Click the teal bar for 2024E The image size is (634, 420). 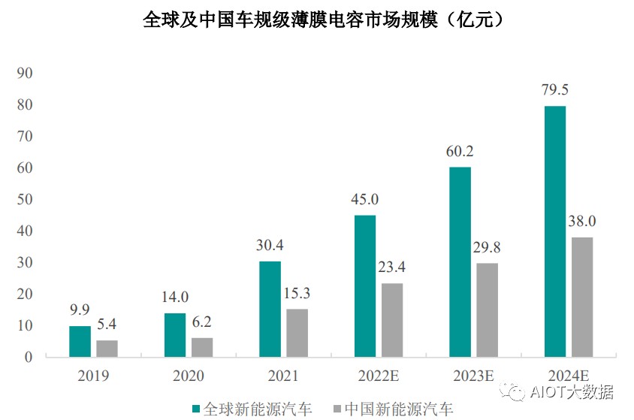pos(554,231)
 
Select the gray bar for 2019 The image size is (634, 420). pos(107,349)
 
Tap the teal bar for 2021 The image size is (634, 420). pos(270,309)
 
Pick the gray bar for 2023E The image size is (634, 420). pos(487,310)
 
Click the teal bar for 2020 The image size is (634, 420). pos(175,334)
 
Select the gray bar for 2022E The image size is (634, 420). pos(392,320)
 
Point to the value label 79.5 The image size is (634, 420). pos(554,89)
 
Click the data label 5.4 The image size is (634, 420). pos(107,324)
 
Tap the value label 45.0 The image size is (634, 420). pos(365,199)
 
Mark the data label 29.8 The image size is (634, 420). pos(487,247)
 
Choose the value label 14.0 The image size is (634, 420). pos(175,297)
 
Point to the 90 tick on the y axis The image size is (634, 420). pos(25,73)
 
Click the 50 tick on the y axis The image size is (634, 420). pos(25,199)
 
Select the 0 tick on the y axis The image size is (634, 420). pos(29,357)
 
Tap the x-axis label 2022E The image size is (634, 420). pos(379,376)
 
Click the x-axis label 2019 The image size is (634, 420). pos(93,376)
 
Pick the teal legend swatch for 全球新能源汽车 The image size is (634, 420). pos(196,409)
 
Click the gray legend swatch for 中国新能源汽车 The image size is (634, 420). pos(337,409)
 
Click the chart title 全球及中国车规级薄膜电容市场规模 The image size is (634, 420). pos(290,20)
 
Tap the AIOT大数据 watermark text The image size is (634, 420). pos(572,392)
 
